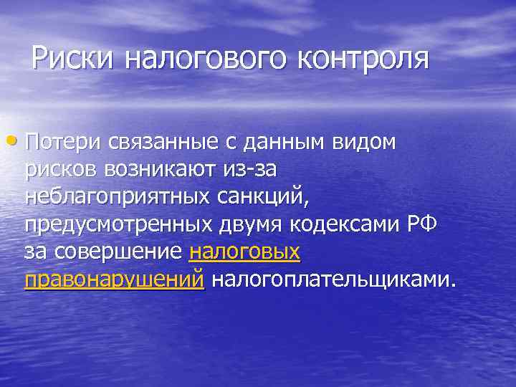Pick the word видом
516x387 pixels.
(x=364, y=143)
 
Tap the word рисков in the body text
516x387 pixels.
(x=62, y=170)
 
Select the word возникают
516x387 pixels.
(x=167, y=170)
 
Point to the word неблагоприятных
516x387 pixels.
(x=115, y=197)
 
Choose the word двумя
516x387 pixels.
(x=250, y=224)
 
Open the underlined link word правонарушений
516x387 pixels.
(x=114, y=279)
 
